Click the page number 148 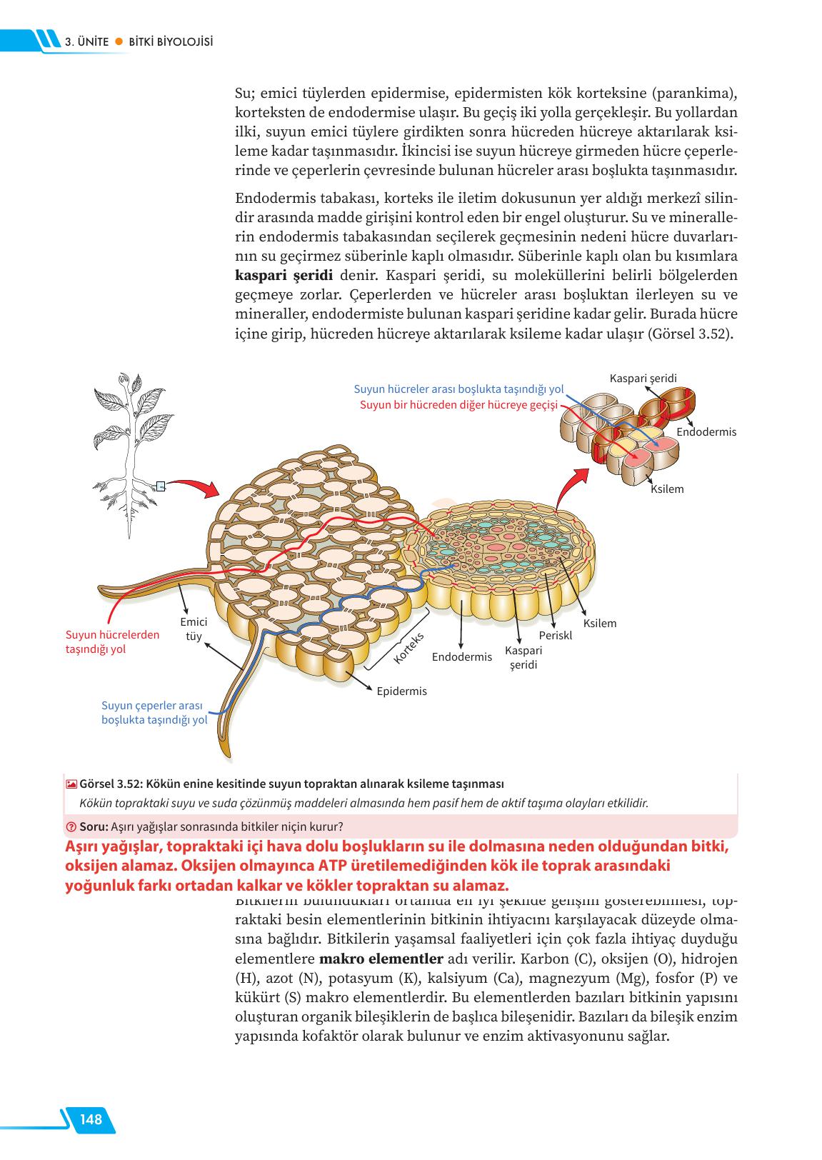pos(91,1119)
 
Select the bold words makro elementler pos(381,959)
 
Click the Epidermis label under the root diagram pos(401,691)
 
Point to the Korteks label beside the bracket pos(409,648)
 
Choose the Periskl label pos(556,635)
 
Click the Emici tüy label pos(194,629)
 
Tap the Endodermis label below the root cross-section pos(462,656)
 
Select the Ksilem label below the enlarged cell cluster pos(667,489)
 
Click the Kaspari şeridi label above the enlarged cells pos(643,378)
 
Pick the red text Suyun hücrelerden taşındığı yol pos(112,641)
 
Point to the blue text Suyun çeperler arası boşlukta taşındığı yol pos(154,713)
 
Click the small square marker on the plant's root pos(161,486)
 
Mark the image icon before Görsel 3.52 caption pos(71,784)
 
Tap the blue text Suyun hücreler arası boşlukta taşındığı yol pos(458,389)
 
